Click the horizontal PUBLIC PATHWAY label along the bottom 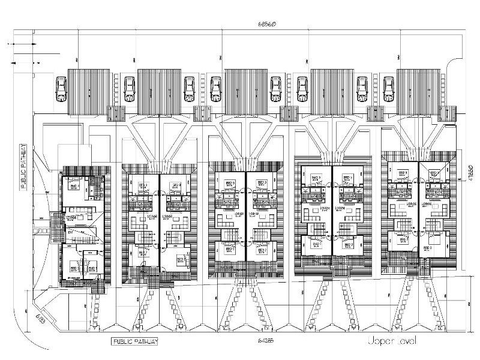pos(136,341)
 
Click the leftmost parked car pos(61,90)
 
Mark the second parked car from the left pos(129,90)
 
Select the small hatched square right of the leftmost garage pos(114,113)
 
